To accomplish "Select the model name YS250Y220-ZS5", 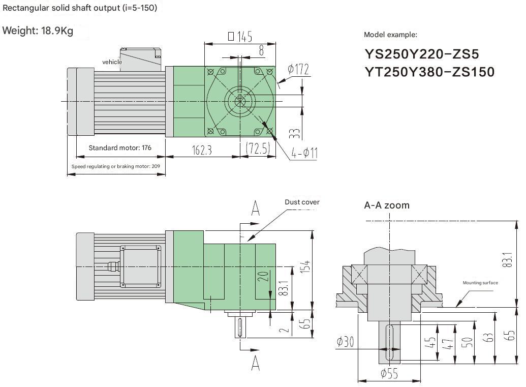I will click(421, 54).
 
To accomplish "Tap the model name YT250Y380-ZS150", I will click(429, 72).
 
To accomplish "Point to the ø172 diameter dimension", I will click(298, 69).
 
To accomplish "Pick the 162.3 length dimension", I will click(202, 150).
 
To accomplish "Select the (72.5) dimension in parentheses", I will click(258, 148).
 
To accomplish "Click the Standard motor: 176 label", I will click(120, 148).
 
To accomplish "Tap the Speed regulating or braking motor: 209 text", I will click(115, 166).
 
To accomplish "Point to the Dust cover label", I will click(302, 202).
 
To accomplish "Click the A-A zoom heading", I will click(386, 205).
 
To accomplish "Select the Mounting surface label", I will click(480, 283).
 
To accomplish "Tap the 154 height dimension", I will click(306, 265).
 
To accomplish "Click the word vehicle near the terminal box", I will click(112, 62).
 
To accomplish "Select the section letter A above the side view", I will click(256, 208).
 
